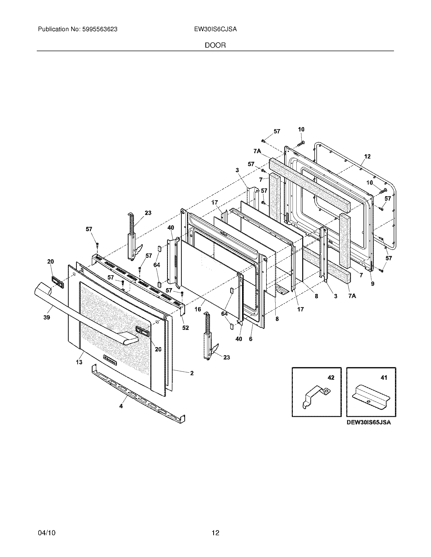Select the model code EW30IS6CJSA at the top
[215, 29]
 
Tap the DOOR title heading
[215, 45]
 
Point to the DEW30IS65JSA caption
[368, 422]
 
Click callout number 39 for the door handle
[46, 317]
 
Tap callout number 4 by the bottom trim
[121, 406]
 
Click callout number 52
[185, 328]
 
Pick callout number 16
[198, 309]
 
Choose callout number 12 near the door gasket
[367, 156]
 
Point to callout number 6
[250, 339]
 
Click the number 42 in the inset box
[331, 377]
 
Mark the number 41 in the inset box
[384, 377]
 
